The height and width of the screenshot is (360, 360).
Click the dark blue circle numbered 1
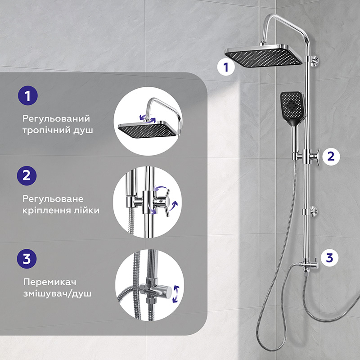tap(28, 95)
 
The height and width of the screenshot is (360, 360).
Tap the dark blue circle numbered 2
tap(27, 175)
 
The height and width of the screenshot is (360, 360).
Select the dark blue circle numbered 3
tap(27, 258)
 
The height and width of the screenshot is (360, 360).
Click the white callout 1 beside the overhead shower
tap(226, 67)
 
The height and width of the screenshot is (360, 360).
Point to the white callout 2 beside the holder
tap(331, 157)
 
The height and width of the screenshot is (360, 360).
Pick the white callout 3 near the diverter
tap(330, 257)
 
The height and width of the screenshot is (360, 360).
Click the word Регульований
tap(56, 119)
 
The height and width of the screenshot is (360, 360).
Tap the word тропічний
tap(46, 130)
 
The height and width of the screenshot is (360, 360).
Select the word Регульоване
tap(53, 199)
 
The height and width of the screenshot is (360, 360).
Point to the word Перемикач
tap(49, 282)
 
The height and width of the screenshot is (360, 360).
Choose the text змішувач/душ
tap(57, 294)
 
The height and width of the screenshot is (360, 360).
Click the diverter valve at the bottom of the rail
tap(309, 266)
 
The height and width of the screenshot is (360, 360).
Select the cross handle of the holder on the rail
tap(316, 157)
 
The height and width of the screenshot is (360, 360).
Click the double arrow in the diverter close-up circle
tap(176, 294)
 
